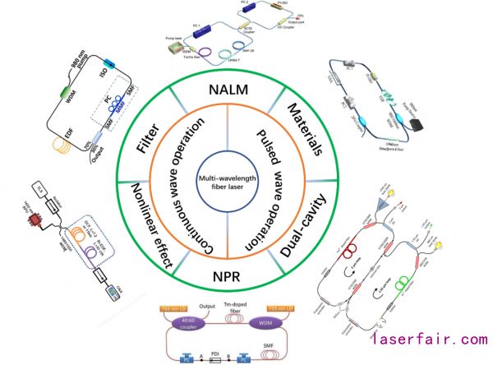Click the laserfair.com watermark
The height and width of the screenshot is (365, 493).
[428, 339]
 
